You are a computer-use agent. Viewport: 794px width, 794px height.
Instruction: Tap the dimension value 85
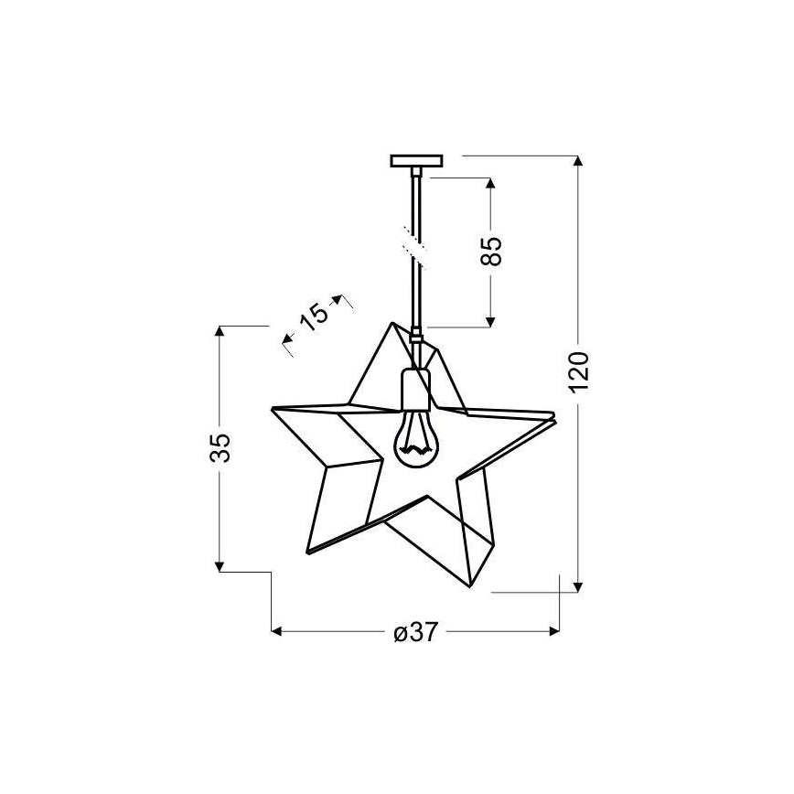(492, 251)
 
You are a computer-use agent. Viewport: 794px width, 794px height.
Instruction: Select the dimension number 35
(220, 447)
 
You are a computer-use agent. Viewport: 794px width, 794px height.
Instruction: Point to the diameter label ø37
(414, 631)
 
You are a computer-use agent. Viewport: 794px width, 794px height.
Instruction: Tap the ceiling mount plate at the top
(416, 161)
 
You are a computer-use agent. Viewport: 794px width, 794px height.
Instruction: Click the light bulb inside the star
(416, 437)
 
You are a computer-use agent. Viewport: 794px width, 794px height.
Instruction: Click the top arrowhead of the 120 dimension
(579, 162)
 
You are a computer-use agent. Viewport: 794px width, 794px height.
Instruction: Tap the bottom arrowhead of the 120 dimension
(579, 585)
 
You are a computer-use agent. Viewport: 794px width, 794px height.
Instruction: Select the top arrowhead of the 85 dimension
(491, 183)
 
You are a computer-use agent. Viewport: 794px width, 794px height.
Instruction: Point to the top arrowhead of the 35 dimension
(220, 331)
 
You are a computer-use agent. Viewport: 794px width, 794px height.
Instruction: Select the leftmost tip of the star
(272, 408)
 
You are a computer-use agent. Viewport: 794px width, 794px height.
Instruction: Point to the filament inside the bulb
(416, 448)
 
